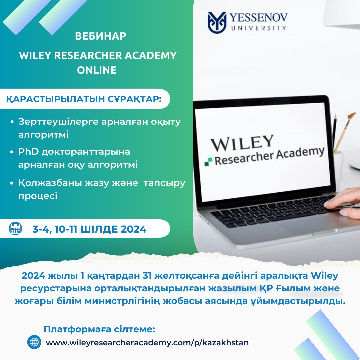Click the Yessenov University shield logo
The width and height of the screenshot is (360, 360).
click(217, 23)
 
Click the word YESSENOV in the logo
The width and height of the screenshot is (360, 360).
click(259, 18)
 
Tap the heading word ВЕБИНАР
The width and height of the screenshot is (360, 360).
click(101, 36)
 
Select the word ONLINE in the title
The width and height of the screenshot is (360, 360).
click(97, 70)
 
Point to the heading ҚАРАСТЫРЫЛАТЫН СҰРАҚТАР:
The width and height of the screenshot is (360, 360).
click(84, 99)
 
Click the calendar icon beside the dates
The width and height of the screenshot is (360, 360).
click(15, 228)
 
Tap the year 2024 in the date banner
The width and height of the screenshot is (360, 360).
click(133, 229)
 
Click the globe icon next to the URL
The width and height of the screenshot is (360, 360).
click(34, 342)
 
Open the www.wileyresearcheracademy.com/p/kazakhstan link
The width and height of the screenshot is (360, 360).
click(147, 343)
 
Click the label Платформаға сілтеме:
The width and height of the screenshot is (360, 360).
click(99, 329)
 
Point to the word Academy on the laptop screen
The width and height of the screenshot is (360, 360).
click(300, 154)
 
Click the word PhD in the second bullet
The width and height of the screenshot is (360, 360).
click(28, 152)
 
